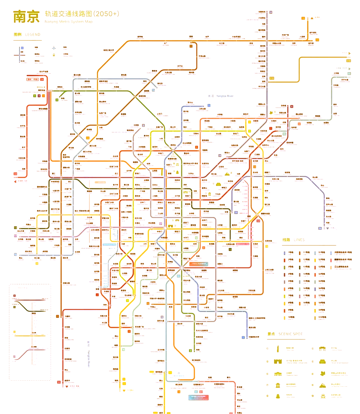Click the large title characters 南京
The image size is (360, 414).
[x=26, y=17]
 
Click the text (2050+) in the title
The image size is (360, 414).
[x=106, y=14]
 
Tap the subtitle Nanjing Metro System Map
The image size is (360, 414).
[x=68, y=22]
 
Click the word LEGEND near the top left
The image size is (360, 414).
[x=33, y=34]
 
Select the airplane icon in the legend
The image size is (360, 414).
[x=54, y=48]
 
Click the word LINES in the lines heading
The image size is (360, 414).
[x=299, y=240]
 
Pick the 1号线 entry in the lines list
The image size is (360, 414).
[x=290, y=253]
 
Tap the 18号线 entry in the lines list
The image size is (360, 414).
[x=306, y=303]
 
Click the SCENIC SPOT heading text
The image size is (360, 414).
[x=290, y=334]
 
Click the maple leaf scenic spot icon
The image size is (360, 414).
[x=322, y=374]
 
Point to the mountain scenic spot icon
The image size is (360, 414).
[x=322, y=385]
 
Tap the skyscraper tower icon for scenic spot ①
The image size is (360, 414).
[x=278, y=349]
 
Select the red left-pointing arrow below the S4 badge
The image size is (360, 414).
[x=15, y=181]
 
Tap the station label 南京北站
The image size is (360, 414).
[x=41, y=90]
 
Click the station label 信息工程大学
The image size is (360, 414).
[x=108, y=50]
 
